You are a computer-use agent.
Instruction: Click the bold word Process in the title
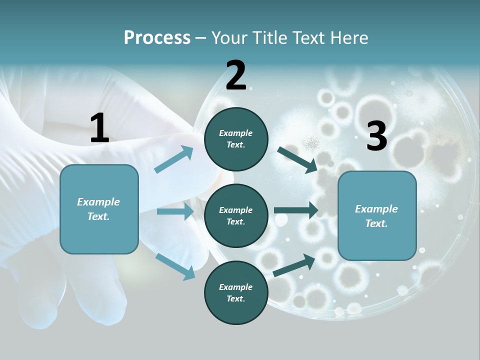coord(157,38)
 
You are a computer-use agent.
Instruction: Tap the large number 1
coord(99,128)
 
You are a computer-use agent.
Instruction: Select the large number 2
coord(236,75)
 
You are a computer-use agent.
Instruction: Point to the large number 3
coord(376,136)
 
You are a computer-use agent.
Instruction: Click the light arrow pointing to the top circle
coord(174,159)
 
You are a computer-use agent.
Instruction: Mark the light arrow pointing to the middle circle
coord(175,211)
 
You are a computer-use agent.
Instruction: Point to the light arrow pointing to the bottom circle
coord(175,266)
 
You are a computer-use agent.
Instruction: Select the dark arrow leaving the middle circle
coord(296,210)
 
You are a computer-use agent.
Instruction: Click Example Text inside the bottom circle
coord(236,293)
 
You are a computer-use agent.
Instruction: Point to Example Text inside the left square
coord(98,209)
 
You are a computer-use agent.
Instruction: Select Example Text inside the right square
coord(376,216)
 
